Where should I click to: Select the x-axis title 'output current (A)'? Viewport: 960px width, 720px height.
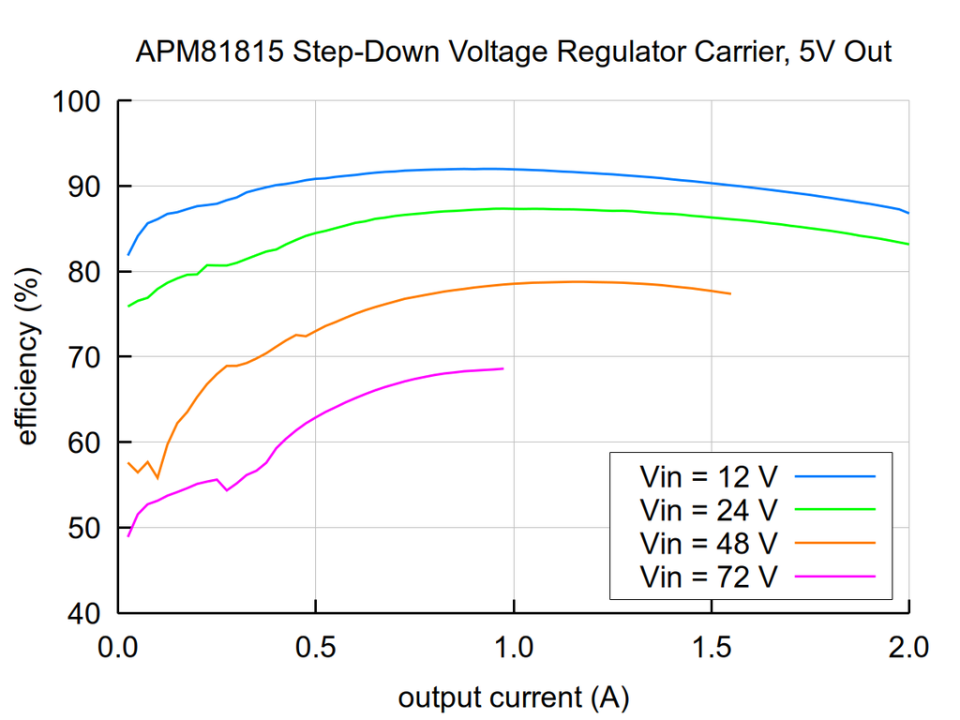tap(513, 697)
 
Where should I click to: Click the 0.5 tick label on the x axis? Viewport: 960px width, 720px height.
tap(315, 647)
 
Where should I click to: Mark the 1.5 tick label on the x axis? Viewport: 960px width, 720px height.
tap(712, 647)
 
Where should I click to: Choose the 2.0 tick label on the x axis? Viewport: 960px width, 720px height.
tap(907, 647)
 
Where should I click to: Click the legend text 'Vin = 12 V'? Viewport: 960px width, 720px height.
tap(708, 477)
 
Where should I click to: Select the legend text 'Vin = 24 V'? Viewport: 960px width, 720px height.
tap(708, 510)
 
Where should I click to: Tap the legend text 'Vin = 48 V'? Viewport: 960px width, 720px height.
tap(708, 543)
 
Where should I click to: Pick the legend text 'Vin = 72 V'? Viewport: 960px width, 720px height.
tap(708, 576)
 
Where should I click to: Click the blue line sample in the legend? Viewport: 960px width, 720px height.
tap(834, 476)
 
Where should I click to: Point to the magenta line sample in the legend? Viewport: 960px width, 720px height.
tap(834, 576)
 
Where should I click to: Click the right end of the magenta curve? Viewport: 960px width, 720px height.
tap(503, 368)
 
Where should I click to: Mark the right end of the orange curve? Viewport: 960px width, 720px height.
tap(730, 294)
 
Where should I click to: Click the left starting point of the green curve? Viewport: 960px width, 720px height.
tap(128, 307)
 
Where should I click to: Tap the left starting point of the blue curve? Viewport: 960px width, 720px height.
tap(128, 254)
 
